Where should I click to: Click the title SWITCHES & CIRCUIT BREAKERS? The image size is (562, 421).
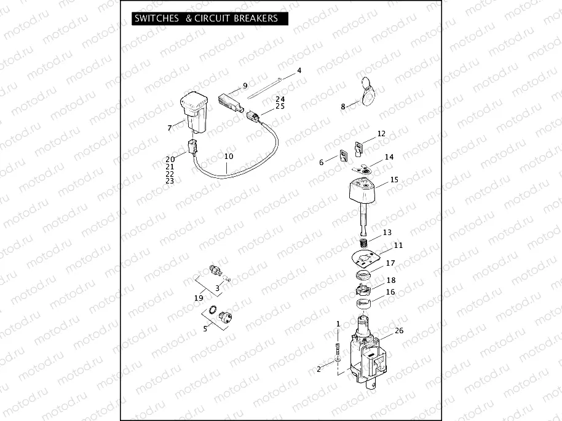[206, 18]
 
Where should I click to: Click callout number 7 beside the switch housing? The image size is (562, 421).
[170, 128]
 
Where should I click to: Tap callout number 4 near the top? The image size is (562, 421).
[299, 71]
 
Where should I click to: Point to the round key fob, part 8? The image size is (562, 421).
[370, 93]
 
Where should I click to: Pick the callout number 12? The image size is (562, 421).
[381, 133]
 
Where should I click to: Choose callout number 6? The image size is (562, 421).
[321, 162]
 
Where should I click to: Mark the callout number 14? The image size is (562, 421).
[389, 157]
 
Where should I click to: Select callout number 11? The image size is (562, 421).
[398, 245]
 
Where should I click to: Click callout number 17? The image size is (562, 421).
[390, 263]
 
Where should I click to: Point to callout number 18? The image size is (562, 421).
[390, 280]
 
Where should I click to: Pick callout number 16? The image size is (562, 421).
[390, 292]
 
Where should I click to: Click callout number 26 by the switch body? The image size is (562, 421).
[399, 331]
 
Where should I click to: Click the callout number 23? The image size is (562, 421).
[170, 181]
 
